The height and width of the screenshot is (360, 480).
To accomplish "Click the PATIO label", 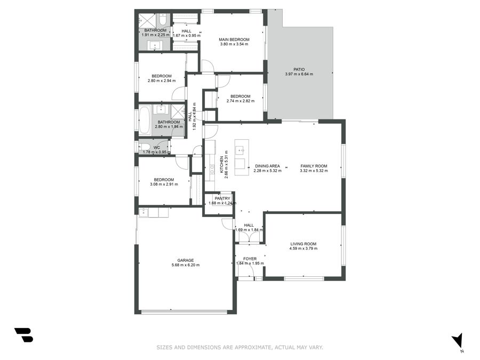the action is click(x=299, y=69).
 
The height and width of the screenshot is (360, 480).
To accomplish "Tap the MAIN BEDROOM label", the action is click(x=234, y=39).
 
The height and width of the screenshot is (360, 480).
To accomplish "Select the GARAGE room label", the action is click(x=186, y=260).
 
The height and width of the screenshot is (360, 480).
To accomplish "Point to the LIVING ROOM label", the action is click(x=303, y=244).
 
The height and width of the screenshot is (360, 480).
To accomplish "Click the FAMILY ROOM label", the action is click(x=314, y=166).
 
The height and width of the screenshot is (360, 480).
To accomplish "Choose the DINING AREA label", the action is click(x=267, y=166).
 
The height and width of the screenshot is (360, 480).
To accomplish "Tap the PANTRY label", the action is click(x=222, y=199).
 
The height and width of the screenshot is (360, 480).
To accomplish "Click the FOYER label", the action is click(x=250, y=259).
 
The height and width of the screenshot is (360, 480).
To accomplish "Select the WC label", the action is click(x=156, y=148).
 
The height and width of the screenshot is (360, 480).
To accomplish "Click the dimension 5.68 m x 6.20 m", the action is click(x=186, y=265).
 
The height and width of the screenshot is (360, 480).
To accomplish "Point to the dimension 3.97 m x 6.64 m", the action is click(x=299, y=74).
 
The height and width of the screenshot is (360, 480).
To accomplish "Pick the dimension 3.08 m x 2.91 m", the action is click(x=164, y=185).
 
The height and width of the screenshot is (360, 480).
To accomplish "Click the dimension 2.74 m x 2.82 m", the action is click(x=241, y=101).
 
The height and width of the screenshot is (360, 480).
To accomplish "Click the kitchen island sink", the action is click(x=239, y=150).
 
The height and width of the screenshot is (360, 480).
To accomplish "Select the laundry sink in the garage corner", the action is click(x=143, y=212).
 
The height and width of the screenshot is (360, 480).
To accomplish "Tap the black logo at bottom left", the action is click(x=24, y=335).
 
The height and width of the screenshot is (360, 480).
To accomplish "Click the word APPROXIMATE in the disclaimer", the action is click(x=252, y=347).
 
